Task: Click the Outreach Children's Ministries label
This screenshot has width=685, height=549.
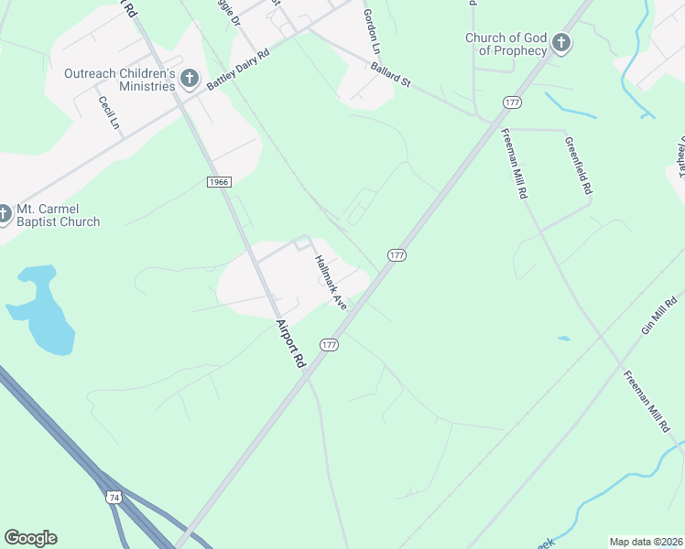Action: [119, 79]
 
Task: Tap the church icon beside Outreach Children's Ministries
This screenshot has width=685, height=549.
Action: [190, 79]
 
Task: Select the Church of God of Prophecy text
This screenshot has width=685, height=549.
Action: [506, 44]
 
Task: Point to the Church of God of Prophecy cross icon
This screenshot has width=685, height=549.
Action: [560, 42]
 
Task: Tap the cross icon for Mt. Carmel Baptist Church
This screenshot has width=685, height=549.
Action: [4, 214]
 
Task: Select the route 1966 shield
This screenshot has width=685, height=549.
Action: [218, 182]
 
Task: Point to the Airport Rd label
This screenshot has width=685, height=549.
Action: [290, 342]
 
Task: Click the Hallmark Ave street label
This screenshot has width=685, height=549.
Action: [331, 281]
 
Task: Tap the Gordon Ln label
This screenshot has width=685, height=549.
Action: [371, 30]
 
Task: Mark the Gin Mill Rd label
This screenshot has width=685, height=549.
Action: [658, 316]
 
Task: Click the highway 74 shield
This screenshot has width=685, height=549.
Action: [114, 497]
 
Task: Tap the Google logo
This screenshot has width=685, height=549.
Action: [30, 538]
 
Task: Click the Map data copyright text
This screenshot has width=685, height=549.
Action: [647, 542]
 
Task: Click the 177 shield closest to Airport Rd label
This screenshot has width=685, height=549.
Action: [330, 344]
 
